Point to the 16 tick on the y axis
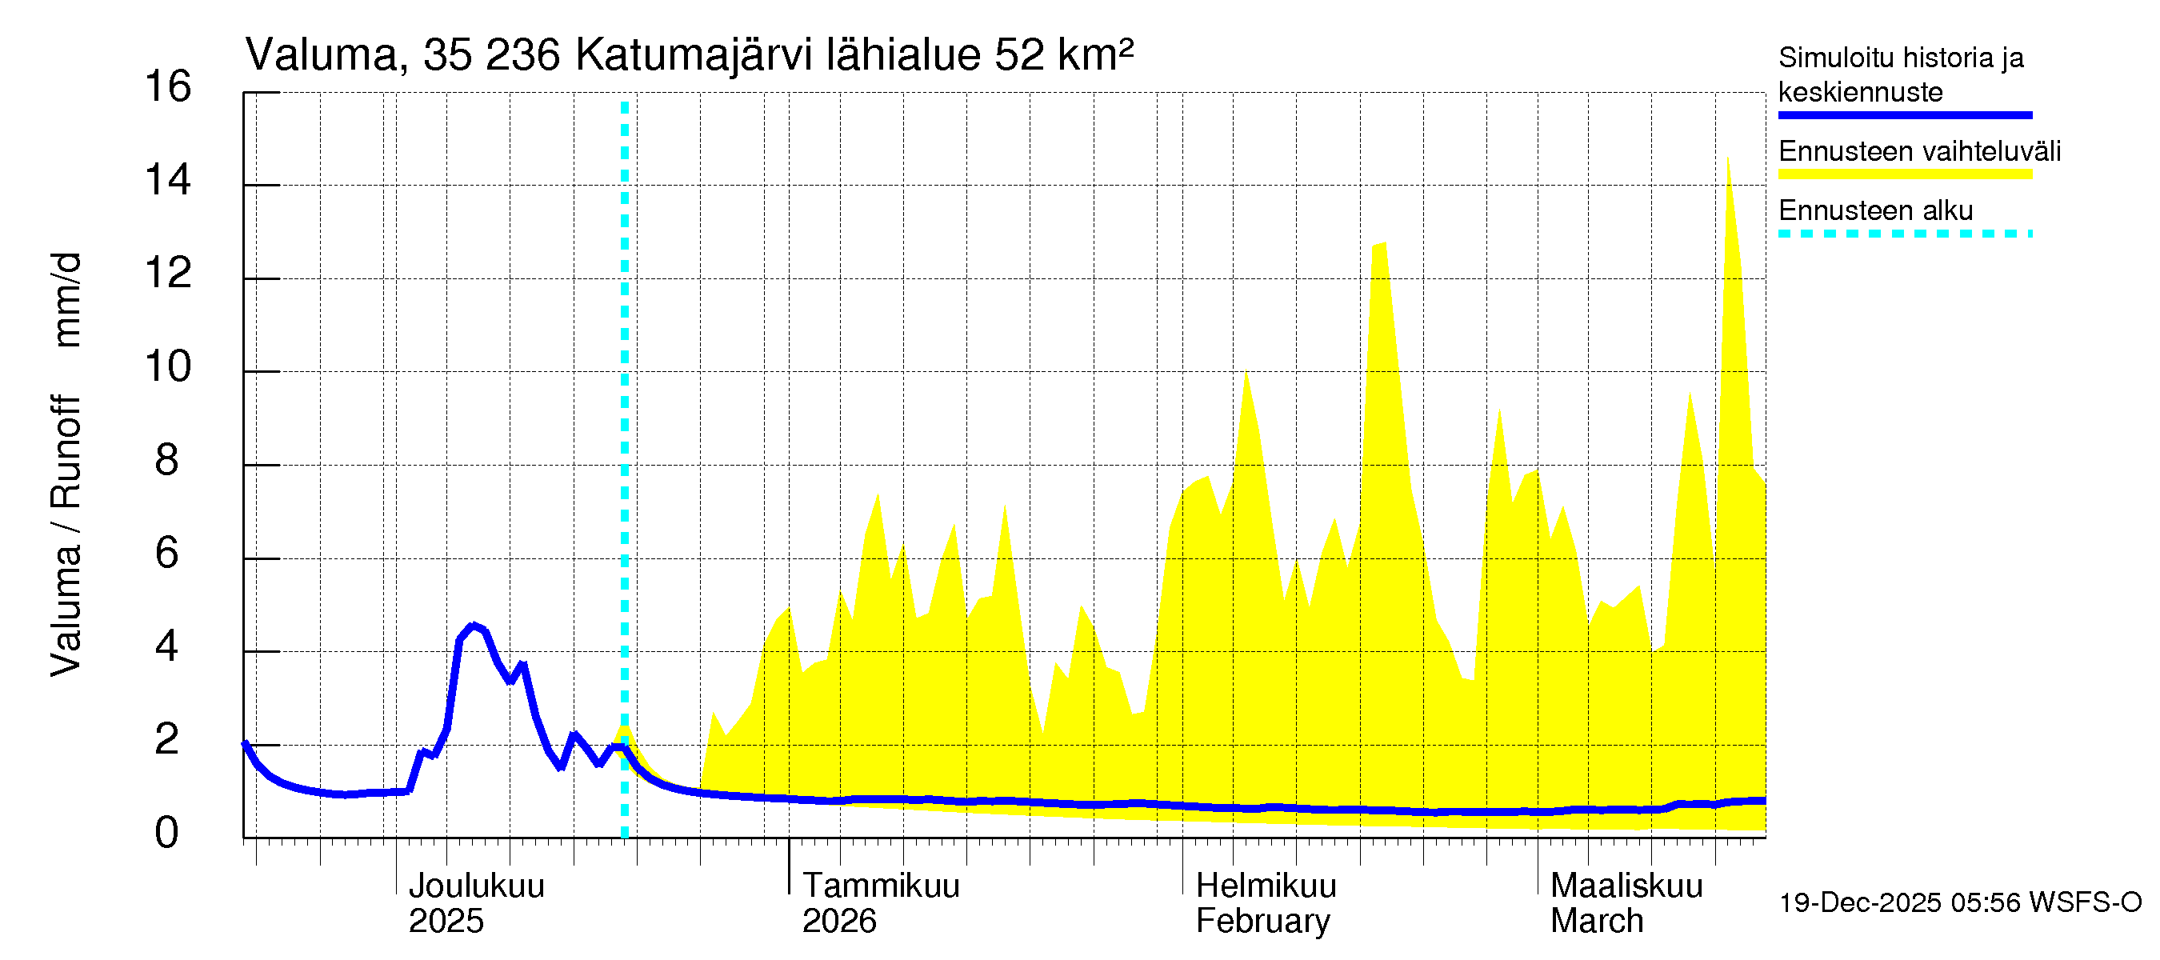(x=168, y=87)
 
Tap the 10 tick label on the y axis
(x=168, y=367)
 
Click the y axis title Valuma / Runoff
(x=66, y=537)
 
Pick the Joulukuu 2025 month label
(x=475, y=903)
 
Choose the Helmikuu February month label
(x=1266, y=903)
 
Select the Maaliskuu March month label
(x=1626, y=903)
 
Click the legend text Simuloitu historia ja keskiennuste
(x=1900, y=74)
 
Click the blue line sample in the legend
(x=1904, y=115)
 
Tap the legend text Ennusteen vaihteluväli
(x=1919, y=152)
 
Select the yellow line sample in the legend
(x=1904, y=174)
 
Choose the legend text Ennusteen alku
(x=1876, y=210)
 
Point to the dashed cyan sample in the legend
(x=1904, y=234)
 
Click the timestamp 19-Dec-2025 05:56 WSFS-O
(x=1959, y=903)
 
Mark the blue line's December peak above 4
(x=473, y=626)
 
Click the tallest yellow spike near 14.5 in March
(x=1727, y=159)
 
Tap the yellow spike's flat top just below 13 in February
(x=1378, y=245)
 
